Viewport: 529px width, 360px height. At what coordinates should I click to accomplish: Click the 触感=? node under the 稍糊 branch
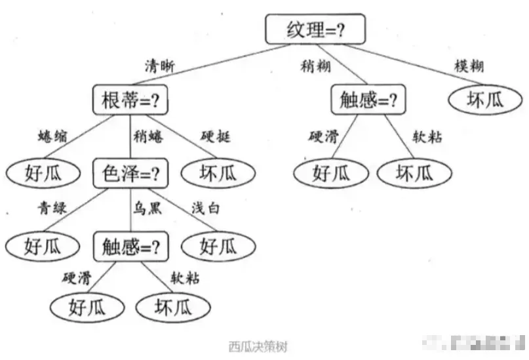click(369, 100)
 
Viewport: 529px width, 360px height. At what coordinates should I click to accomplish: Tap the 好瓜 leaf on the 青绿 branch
click(43, 247)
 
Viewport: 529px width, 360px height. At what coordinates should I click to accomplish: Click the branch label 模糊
click(469, 66)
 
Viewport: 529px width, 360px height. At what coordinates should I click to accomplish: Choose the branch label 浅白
click(205, 209)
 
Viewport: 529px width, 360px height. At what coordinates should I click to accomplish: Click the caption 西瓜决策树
click(258, 346)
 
